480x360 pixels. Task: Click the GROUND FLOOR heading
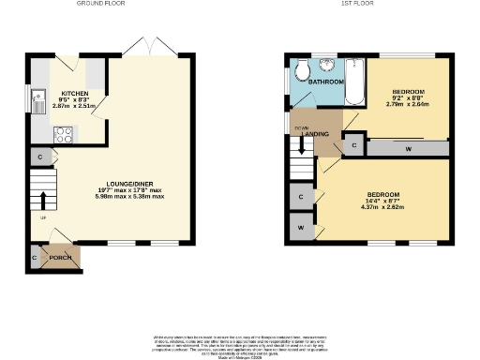(104, 5)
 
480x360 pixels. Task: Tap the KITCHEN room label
(75, 94)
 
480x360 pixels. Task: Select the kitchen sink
(37, 97)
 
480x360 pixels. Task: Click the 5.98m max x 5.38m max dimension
(130, 197)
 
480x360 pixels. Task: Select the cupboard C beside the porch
(35, 256)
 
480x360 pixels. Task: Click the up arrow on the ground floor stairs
(43, 201)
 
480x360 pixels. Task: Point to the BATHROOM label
(327, 82)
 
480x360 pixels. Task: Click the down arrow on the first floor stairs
(301, 144)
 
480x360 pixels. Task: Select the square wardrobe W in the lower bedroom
(301, 228)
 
